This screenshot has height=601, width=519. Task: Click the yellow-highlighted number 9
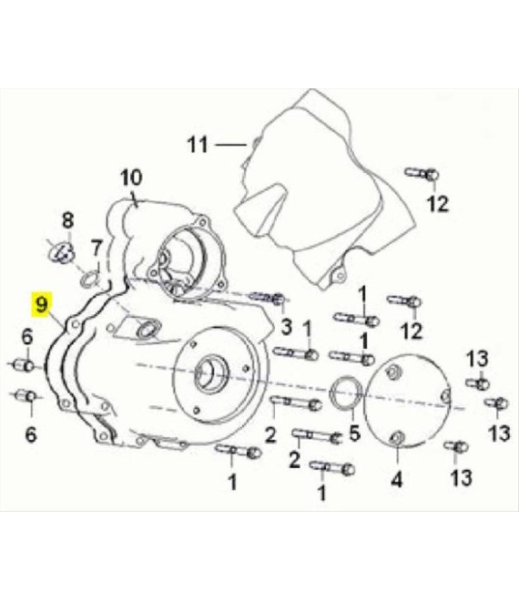41,304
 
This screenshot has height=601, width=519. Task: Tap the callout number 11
198,146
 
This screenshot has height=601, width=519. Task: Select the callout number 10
131,178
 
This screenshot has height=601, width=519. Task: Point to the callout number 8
67,220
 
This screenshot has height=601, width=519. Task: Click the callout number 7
97,249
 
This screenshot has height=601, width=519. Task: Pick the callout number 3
287,327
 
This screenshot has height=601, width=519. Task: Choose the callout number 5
354,433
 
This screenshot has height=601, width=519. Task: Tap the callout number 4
397,479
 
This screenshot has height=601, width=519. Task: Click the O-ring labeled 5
346,392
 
